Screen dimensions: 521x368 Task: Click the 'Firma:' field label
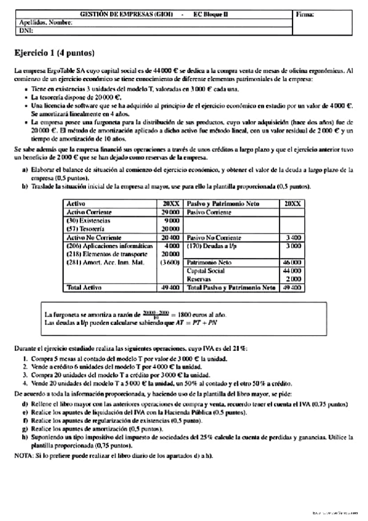tap(305, 14)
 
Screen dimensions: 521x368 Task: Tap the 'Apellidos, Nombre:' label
tap(46, 22)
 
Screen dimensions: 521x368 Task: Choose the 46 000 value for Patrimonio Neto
tap(292, 262)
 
